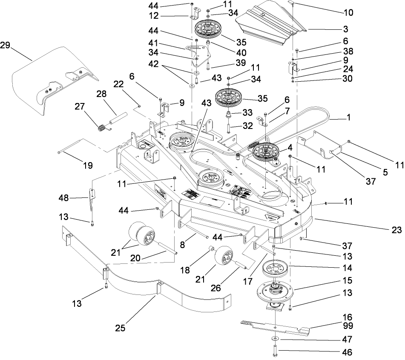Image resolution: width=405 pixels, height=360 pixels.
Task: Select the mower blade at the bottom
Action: click(277, 327)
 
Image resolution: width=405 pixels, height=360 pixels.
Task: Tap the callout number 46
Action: click(349, 352)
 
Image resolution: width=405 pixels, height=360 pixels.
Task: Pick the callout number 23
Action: click(396, 230)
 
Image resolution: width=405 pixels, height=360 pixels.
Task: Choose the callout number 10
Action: click(349, 12)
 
